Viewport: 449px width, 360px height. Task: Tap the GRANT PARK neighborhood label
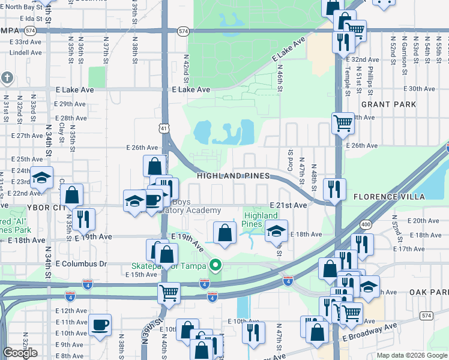point(389,104)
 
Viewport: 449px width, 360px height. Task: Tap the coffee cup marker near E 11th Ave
point(100,325)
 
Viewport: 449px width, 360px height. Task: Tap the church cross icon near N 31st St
point(7,77)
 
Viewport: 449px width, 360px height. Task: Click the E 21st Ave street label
point(288,205)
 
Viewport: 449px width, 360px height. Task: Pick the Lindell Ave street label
point(26,52)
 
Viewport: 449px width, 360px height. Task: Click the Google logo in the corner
point(20,352)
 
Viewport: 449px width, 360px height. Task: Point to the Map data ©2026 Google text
point(411,355)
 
